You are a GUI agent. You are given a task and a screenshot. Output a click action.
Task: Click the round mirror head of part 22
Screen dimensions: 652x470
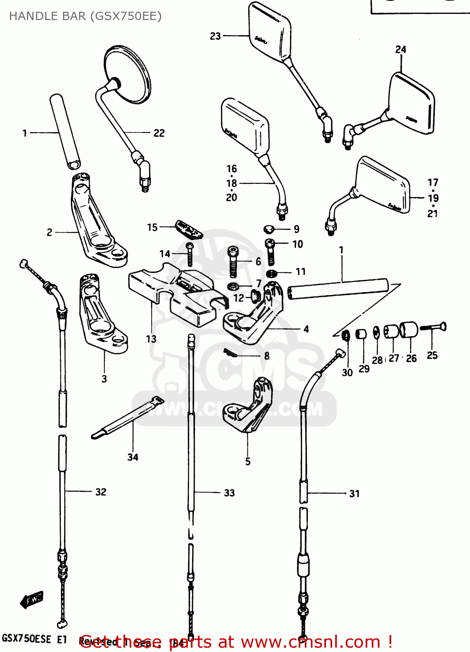pos(127,74)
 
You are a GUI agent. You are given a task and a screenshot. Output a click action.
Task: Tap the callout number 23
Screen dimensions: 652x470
pos(215,36)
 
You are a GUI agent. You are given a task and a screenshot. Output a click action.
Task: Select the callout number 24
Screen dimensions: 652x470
pos(400,50)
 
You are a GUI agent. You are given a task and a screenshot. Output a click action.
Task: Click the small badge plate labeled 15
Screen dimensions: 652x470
pos(189,230)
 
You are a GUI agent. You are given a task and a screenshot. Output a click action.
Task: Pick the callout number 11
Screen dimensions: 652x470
pos(300,272)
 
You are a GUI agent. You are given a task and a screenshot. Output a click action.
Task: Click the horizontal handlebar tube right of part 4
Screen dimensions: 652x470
pos(338,289)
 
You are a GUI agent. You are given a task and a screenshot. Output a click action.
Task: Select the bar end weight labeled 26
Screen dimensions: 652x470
pos(409,330)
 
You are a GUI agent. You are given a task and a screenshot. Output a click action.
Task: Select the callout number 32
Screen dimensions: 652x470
pos(101,492)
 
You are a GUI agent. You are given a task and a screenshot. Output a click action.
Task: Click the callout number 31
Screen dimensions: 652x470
pos(354,493)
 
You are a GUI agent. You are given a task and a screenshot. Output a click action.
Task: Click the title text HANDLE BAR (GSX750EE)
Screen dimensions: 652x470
pos(85,16)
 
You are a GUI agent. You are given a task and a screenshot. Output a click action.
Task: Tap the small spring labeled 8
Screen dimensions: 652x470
pos(230,353)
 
